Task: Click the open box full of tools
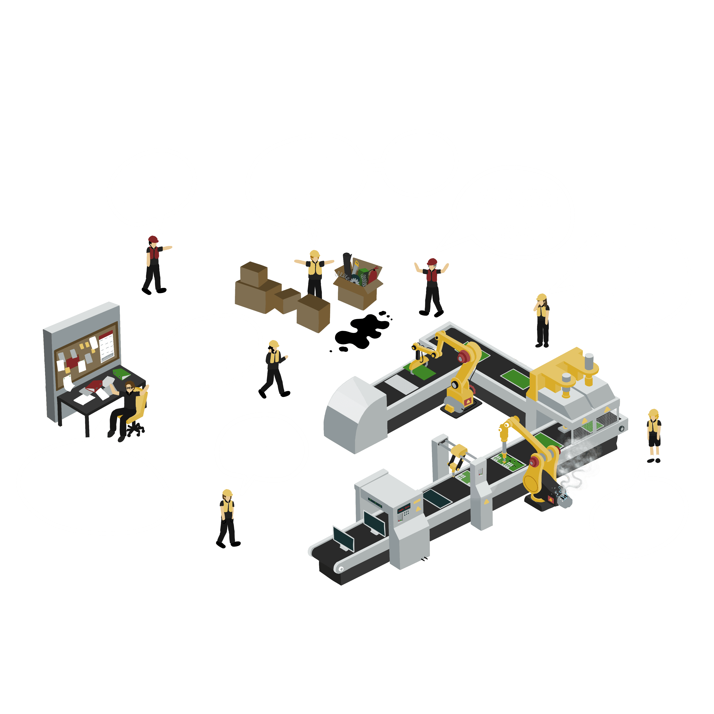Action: pos(358,283)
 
